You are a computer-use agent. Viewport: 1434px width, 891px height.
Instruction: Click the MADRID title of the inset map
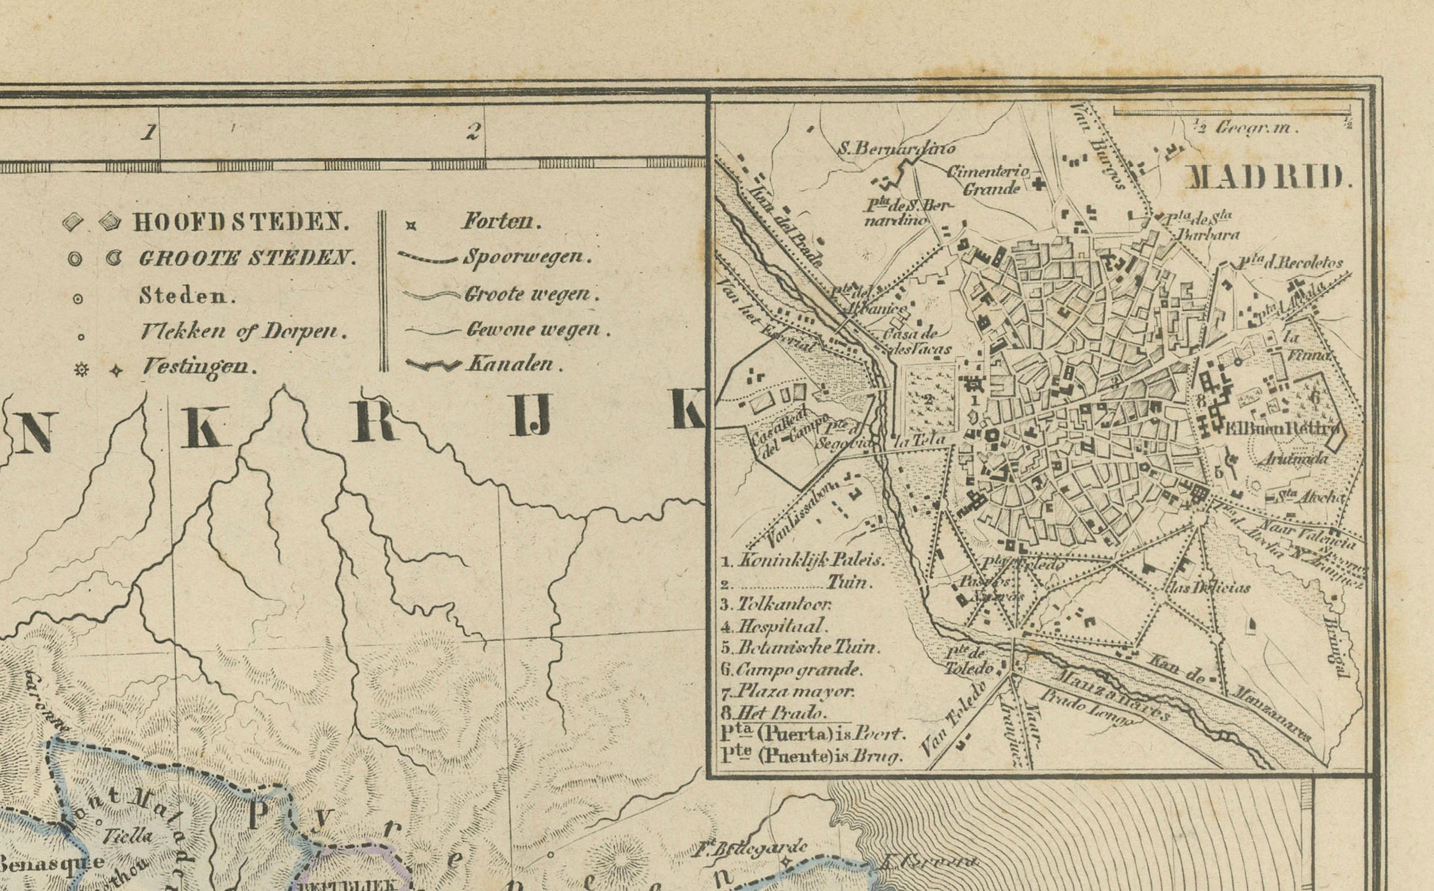point(1266,177)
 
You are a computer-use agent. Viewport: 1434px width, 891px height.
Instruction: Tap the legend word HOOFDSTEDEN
point(241,222)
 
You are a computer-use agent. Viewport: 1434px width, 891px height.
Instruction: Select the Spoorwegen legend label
point(526,256)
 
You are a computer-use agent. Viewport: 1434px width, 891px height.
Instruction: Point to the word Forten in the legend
point(500,221)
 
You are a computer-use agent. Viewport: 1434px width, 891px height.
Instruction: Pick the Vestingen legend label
point(199,367)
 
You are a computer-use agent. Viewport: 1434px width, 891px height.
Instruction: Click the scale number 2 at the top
point(472,131)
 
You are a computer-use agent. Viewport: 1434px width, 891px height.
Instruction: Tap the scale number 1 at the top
point(149,131)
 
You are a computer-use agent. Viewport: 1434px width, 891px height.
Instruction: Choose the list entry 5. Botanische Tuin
point(800,647)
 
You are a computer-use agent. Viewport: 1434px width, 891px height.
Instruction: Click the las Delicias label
point(1208,587)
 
